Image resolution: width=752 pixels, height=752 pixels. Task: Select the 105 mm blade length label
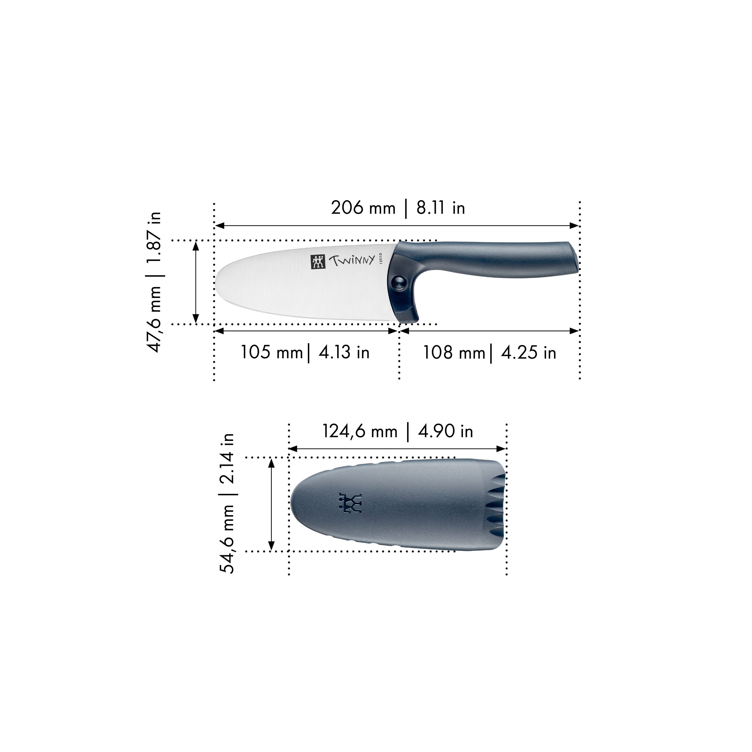(x=271, y=353)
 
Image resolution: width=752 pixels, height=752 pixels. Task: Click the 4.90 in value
(x=445, y=431)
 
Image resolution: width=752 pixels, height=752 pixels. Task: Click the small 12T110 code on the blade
(x=381, y=259)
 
